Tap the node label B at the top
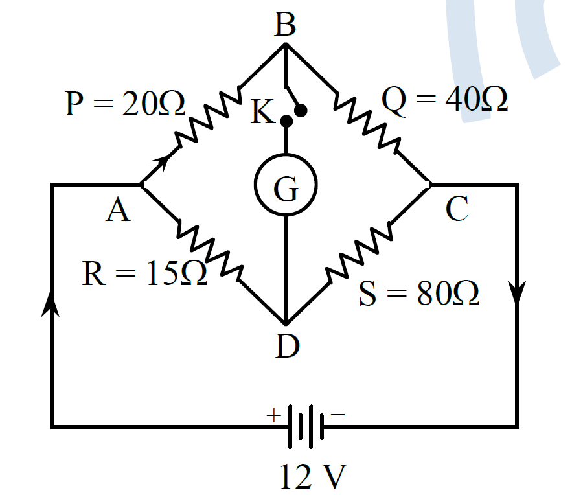pyautogui.click(x=285, y=25)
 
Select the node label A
pyautogui.click(x=118, y=210)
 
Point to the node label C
pyautogui.click(x=457, y=209)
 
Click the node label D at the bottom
pyautogui.click(x=288, y=346)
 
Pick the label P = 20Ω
pyautogui.click(x=125, y=103)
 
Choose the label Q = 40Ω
pyautogui.click(x=444, y=99)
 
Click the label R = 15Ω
pyautogui.click(x=144, y=273)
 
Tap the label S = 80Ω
pyautogui.click(x=419, y=293)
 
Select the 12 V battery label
pyautogui.click(x=313, y=476)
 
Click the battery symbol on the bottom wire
pyautogui.click(x=306, y=426)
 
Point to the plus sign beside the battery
pyautogui.click(x=273, y=415)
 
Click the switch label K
pyautogui.click(x=262, y=111)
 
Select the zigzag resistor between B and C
pyautogui.click(x=367, y=121)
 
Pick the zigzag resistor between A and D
pyautogui.click(x=210, y=250)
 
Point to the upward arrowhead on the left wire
pyautogui.click(x=50, y=303)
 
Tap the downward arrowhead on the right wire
pyautogui.click(x=517, y=293)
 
